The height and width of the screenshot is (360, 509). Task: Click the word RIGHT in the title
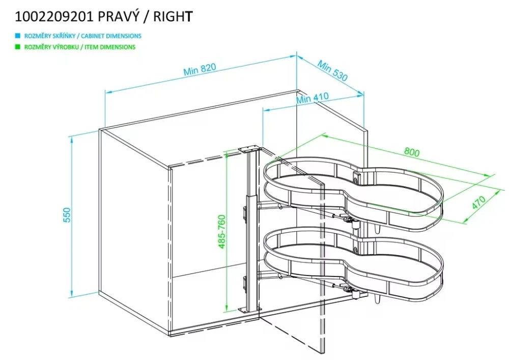[175, 16]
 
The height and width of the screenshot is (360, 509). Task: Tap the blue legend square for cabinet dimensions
[17, 36]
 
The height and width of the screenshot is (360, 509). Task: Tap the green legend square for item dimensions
[17, 47]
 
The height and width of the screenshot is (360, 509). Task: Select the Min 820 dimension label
[200, 70]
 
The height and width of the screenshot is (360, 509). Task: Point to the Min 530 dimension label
[332, 71]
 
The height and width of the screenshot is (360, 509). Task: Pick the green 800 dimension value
[412, 152]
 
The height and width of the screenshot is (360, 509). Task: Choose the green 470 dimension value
[478, 202]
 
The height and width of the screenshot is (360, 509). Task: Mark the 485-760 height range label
[222, 232]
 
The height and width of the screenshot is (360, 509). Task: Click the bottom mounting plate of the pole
[249, 309]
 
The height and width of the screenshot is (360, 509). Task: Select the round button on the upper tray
[356, 178]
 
